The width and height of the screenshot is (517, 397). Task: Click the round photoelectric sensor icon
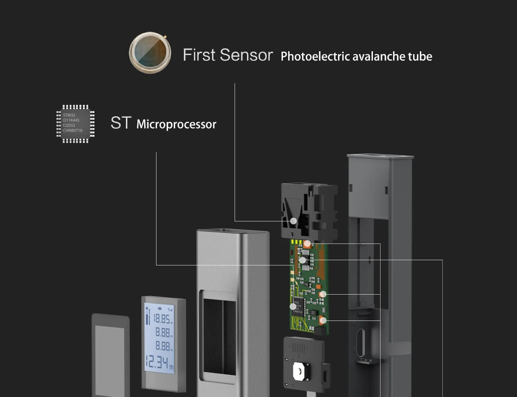tap(150, 53)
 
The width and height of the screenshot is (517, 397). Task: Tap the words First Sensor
tap(228, 55)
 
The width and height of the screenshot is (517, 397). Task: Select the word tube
tap(420, 56)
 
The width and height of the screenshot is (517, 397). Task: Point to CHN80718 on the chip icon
tap(72, 130)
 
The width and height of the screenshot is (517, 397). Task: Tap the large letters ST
tap(121, 123)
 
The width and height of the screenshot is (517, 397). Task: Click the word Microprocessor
tap(176, 124)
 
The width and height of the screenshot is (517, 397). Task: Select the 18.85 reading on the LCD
tap(162, 320)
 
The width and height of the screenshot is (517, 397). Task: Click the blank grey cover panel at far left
tap(111, 356)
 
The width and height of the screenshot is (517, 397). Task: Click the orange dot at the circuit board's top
tap(307, 243)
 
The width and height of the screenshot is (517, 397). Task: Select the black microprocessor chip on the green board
tap(300, 306)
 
